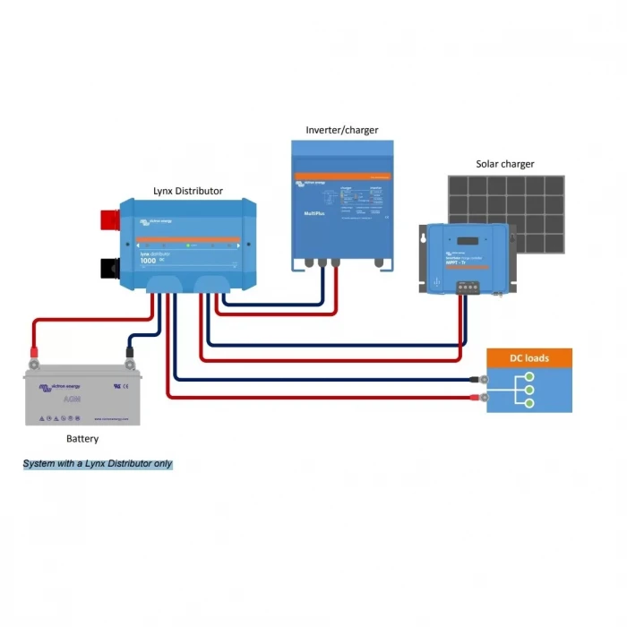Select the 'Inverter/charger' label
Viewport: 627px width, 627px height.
point(342,130)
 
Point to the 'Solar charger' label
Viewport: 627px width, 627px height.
point(505,165)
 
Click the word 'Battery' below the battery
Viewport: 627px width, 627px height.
point(82,439)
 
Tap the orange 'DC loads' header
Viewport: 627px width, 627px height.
point(528,358)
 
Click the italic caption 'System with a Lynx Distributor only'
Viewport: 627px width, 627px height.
point(98,464)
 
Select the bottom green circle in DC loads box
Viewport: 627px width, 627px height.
point(529,404)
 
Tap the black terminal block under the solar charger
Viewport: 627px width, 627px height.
point(467,288)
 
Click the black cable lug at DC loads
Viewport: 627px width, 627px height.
point(472,379)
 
